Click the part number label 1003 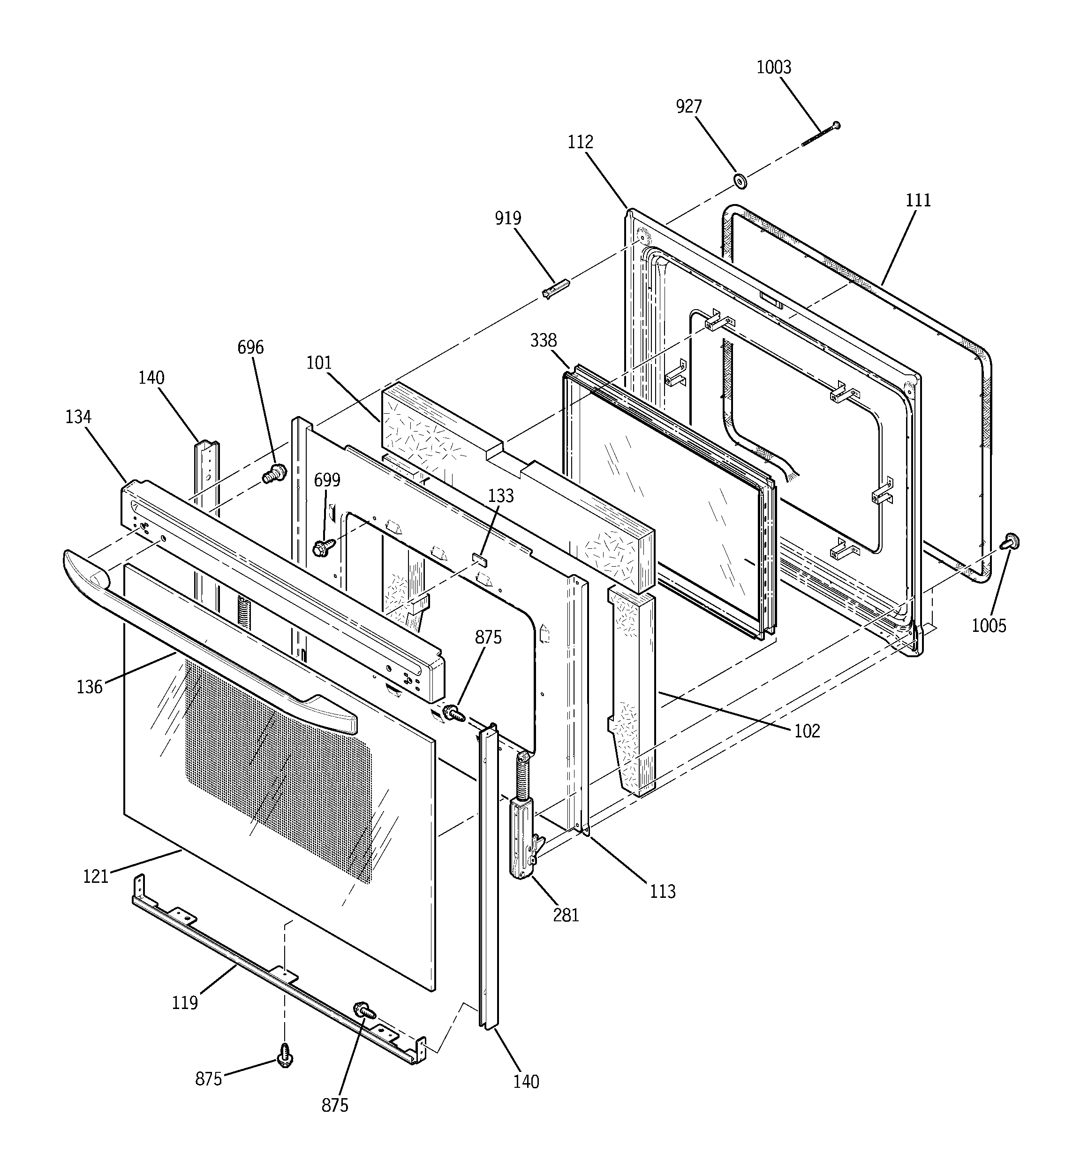774,68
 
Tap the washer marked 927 741,181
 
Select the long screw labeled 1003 821,134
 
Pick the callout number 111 918,200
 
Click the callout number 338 543,341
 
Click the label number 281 566,915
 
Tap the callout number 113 663,892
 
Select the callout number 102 807,730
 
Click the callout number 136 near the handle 90,687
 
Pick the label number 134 78,417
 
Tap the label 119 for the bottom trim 185,1003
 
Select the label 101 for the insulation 319,363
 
